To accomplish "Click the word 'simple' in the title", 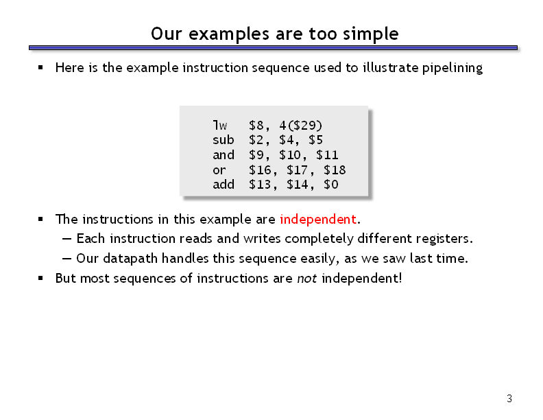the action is click(370, 34).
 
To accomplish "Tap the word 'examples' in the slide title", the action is click(228, 34).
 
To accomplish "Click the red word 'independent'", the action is click(318, 219).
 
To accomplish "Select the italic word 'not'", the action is click(307, 278).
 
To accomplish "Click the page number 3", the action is click(509, 399).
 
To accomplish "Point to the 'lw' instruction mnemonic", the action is click(220, 125).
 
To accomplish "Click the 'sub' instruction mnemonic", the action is click(224, 140).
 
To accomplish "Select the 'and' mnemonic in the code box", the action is click(224, 155).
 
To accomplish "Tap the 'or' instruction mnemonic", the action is click(219, 170).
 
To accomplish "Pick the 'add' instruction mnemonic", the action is click(224, 185).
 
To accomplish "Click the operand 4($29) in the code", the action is click(300, 125).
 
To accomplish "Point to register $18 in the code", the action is click(335, 170).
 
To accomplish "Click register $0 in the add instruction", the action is click(330, 185).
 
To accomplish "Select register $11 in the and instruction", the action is click(327, 155).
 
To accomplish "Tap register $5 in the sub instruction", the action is click(315, 140).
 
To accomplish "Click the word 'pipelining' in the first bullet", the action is click(452, 68).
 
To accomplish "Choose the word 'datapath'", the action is click(130, 259).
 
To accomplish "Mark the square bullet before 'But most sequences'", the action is click(41, 278).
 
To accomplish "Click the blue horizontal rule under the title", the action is click(273, 48).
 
